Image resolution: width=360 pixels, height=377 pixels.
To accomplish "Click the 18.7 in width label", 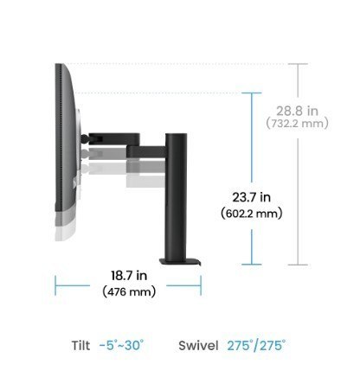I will [x=129, y=277].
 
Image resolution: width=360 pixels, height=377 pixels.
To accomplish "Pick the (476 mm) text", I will [x=129, y=291].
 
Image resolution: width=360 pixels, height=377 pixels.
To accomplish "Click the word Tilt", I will [x=80, y=346].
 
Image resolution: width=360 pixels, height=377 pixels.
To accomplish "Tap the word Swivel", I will [x=198, y=346].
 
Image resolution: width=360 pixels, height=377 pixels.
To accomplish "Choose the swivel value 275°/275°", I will [x=257, y=346].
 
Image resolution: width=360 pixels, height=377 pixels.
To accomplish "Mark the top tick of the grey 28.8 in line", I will [x=298, y=64].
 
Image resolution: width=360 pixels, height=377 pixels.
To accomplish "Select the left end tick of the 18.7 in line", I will [x=55, y=284].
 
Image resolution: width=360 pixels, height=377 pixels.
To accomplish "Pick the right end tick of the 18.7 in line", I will [x=202, y=284].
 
